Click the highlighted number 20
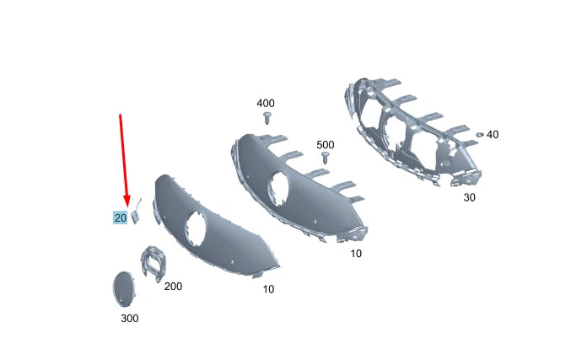pyautogui.click(x=120, y=218)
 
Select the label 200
pyautogui.click(x=173, y=287)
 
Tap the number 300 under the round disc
pyautogui.click(x=129, y=318)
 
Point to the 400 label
pyautogui.click(x=266, y=103)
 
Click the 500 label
pyautogui.click(x=326, y=145)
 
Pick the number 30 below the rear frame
pyautogui.click(x=470, y=198)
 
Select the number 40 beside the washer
pyautogui.click(x=493, y=134)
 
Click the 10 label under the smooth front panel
pyautogui.click(x=267, y=289)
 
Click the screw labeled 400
pyautogui.click(x=267, y=117)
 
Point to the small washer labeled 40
pyautogui.click(x=478, y=134)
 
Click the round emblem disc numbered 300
pyautogui.click(x=123, y=287)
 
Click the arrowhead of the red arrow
pyautogui.click(x=127, y=201)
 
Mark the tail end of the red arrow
pyautogui.click(x=121, y=114)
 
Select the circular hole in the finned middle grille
pyautogui.click(x=277, y=187)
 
